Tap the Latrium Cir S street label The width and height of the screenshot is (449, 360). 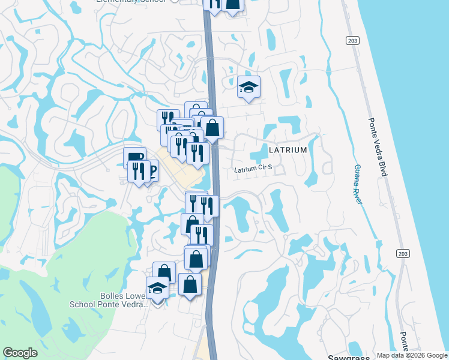click(253, 169)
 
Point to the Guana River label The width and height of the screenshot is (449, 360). click(358, 184)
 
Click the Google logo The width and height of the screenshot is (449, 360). click(20, 353)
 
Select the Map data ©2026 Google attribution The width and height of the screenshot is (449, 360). click(412, 355)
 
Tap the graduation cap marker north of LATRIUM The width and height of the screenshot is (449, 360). click(249, 88)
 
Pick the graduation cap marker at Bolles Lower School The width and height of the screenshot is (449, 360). click(157, 288)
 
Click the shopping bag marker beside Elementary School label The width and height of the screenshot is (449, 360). click(232, 4)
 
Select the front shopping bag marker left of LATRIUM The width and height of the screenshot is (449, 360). click(212, 128)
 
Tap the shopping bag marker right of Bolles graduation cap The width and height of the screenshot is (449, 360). click(190, 285)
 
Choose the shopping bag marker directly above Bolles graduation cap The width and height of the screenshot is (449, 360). click(164, 272)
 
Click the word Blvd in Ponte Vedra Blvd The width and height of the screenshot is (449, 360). click(382, 167)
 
